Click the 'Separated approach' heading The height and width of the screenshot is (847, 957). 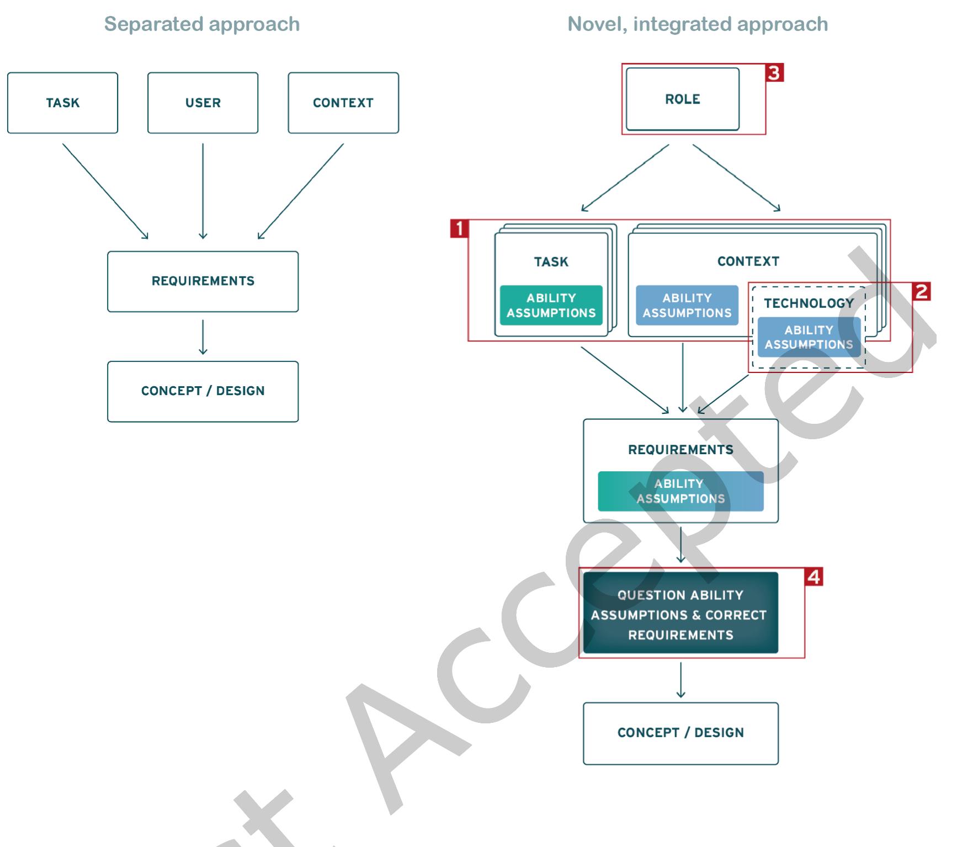click(202, 24)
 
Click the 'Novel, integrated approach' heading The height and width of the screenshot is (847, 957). click(698, 24)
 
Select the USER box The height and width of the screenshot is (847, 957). click(203, 103)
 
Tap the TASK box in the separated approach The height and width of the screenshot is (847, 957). click(62, 103)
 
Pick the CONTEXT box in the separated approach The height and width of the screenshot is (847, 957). click(343, 103)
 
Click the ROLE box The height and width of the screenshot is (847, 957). click(683, 99)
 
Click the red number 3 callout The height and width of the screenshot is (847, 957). click(774, 73)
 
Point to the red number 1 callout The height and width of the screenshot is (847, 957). click(459, 228)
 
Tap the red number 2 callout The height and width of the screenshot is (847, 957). click(922, 291)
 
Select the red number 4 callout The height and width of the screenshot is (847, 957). click(814, 577)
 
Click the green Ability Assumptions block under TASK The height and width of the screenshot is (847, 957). click(551, 305)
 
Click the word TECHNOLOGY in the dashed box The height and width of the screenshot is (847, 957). click(809, 303)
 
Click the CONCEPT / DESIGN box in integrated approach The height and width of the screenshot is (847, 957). click(680, 733)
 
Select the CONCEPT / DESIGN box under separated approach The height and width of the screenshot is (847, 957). click(203, 391)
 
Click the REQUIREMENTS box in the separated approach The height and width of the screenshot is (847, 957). click(203, 281)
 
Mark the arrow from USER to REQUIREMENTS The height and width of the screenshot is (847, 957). click(203, 191)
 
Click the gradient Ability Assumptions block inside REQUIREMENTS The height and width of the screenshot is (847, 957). click(680, 491)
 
